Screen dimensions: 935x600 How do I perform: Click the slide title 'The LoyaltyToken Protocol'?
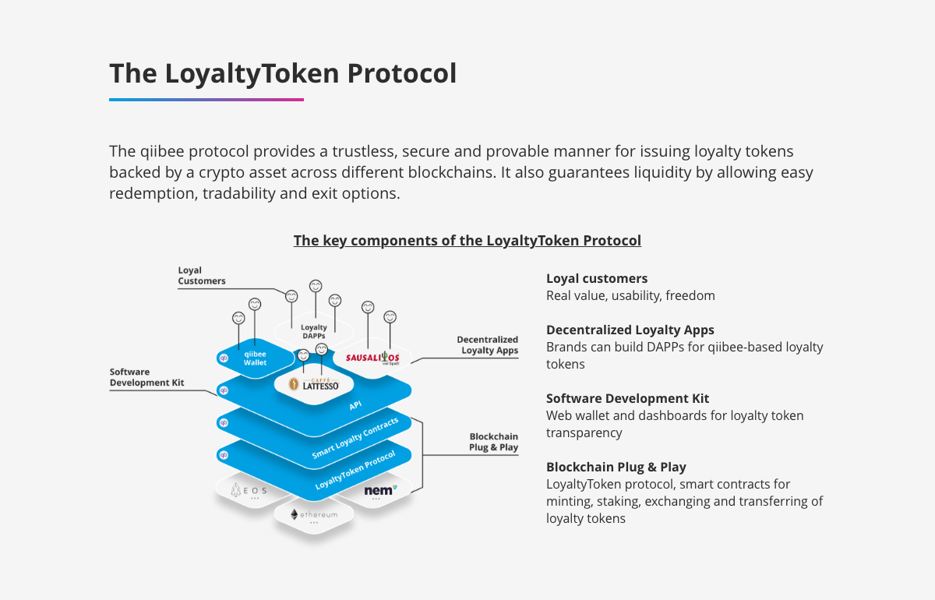click(x=283, y=74)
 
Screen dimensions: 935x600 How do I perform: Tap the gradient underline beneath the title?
click(x=206, y=100)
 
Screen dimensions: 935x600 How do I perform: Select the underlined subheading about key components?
click(x=467, y=241)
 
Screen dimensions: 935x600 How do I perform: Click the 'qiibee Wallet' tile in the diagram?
click(x=255, y=358)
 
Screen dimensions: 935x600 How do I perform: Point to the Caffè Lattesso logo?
click(x=314, y=384)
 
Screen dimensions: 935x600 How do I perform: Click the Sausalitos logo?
click(x=372, y=358)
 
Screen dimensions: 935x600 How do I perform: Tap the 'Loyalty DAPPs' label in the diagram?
click(x=314, y=331)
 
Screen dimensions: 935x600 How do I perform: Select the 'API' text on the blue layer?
click(x=355, y=405)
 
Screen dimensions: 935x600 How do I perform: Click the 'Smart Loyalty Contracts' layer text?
click(x=355, y=438)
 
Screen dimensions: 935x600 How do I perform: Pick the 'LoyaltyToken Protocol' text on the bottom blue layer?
click(x=355, y=470)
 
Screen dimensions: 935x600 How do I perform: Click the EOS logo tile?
click(x=249, y=491)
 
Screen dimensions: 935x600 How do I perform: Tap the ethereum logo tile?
click(x=314, y=515)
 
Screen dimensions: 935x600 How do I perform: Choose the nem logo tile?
click(x=379, y=491)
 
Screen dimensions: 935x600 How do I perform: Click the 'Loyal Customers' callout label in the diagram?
click(x=202, y=276)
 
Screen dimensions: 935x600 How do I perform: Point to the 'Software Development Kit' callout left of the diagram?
click(x=147, y=377)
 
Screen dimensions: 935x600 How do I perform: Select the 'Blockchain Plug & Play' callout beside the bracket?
click(x=493, y=442)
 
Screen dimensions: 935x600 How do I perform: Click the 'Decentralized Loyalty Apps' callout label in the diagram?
click(x=488, y=345)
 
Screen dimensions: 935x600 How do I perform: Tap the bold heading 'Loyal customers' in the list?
click(x=597, y=278)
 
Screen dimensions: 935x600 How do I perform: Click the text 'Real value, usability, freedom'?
click(x=630, y=295)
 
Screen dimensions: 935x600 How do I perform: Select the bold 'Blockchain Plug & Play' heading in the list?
click(x=616, y=467)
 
